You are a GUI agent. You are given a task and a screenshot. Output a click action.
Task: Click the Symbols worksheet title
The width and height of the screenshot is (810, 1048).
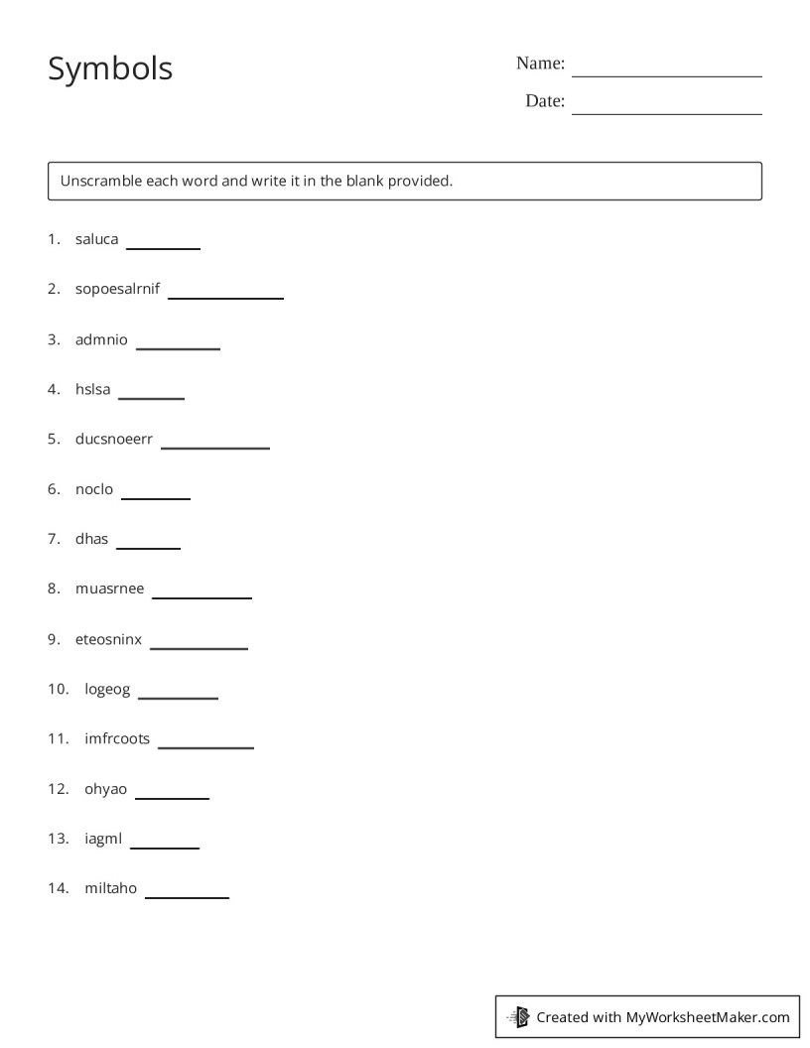110,68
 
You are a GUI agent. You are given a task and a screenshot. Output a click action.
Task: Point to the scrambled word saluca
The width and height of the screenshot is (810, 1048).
96,239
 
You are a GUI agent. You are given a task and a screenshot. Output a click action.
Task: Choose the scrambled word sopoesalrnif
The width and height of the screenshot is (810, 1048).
117,290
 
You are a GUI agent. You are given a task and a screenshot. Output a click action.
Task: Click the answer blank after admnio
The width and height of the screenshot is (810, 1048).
178,345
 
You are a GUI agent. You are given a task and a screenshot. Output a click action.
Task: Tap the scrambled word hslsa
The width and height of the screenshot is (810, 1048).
92,389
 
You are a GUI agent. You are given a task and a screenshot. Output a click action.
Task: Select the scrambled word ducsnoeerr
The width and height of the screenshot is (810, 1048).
114,439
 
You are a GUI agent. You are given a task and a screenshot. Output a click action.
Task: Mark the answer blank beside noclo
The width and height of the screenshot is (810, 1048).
155,495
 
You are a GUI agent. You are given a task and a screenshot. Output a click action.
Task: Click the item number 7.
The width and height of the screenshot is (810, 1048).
54,539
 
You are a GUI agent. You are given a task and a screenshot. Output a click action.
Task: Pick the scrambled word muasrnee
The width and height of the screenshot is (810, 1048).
109,589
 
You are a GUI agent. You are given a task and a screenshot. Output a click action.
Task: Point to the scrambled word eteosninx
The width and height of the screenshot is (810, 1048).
108,639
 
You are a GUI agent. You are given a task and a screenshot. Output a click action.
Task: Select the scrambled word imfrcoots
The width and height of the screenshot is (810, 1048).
117,738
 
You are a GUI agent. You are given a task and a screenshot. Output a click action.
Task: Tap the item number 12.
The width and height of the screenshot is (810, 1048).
58,789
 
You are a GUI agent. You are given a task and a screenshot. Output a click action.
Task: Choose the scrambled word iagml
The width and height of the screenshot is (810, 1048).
103,839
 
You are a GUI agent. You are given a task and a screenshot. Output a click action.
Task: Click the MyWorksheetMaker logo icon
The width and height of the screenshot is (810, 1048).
518,1016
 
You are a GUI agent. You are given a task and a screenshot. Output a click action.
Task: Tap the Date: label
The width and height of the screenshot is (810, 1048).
545,101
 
